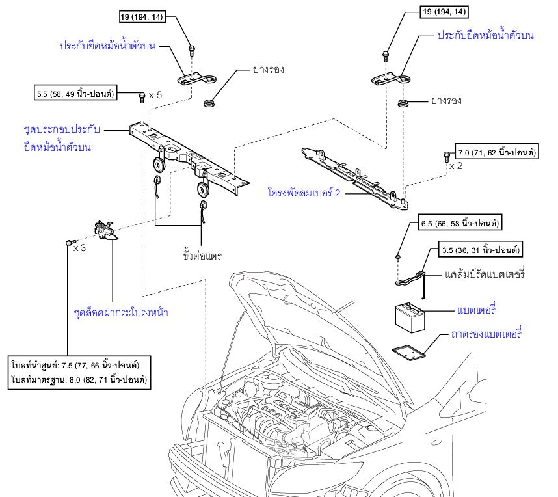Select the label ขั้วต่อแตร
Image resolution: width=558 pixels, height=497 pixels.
pos(202,256)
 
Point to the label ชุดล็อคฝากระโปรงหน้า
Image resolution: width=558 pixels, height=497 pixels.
pos(121,312)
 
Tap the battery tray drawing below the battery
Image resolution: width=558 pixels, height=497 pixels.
pos(409,352)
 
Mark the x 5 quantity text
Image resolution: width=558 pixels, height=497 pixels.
pos(155,95)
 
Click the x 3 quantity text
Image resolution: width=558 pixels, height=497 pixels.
pos(80,248)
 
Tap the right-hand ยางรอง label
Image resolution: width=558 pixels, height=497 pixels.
pos(445,101)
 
